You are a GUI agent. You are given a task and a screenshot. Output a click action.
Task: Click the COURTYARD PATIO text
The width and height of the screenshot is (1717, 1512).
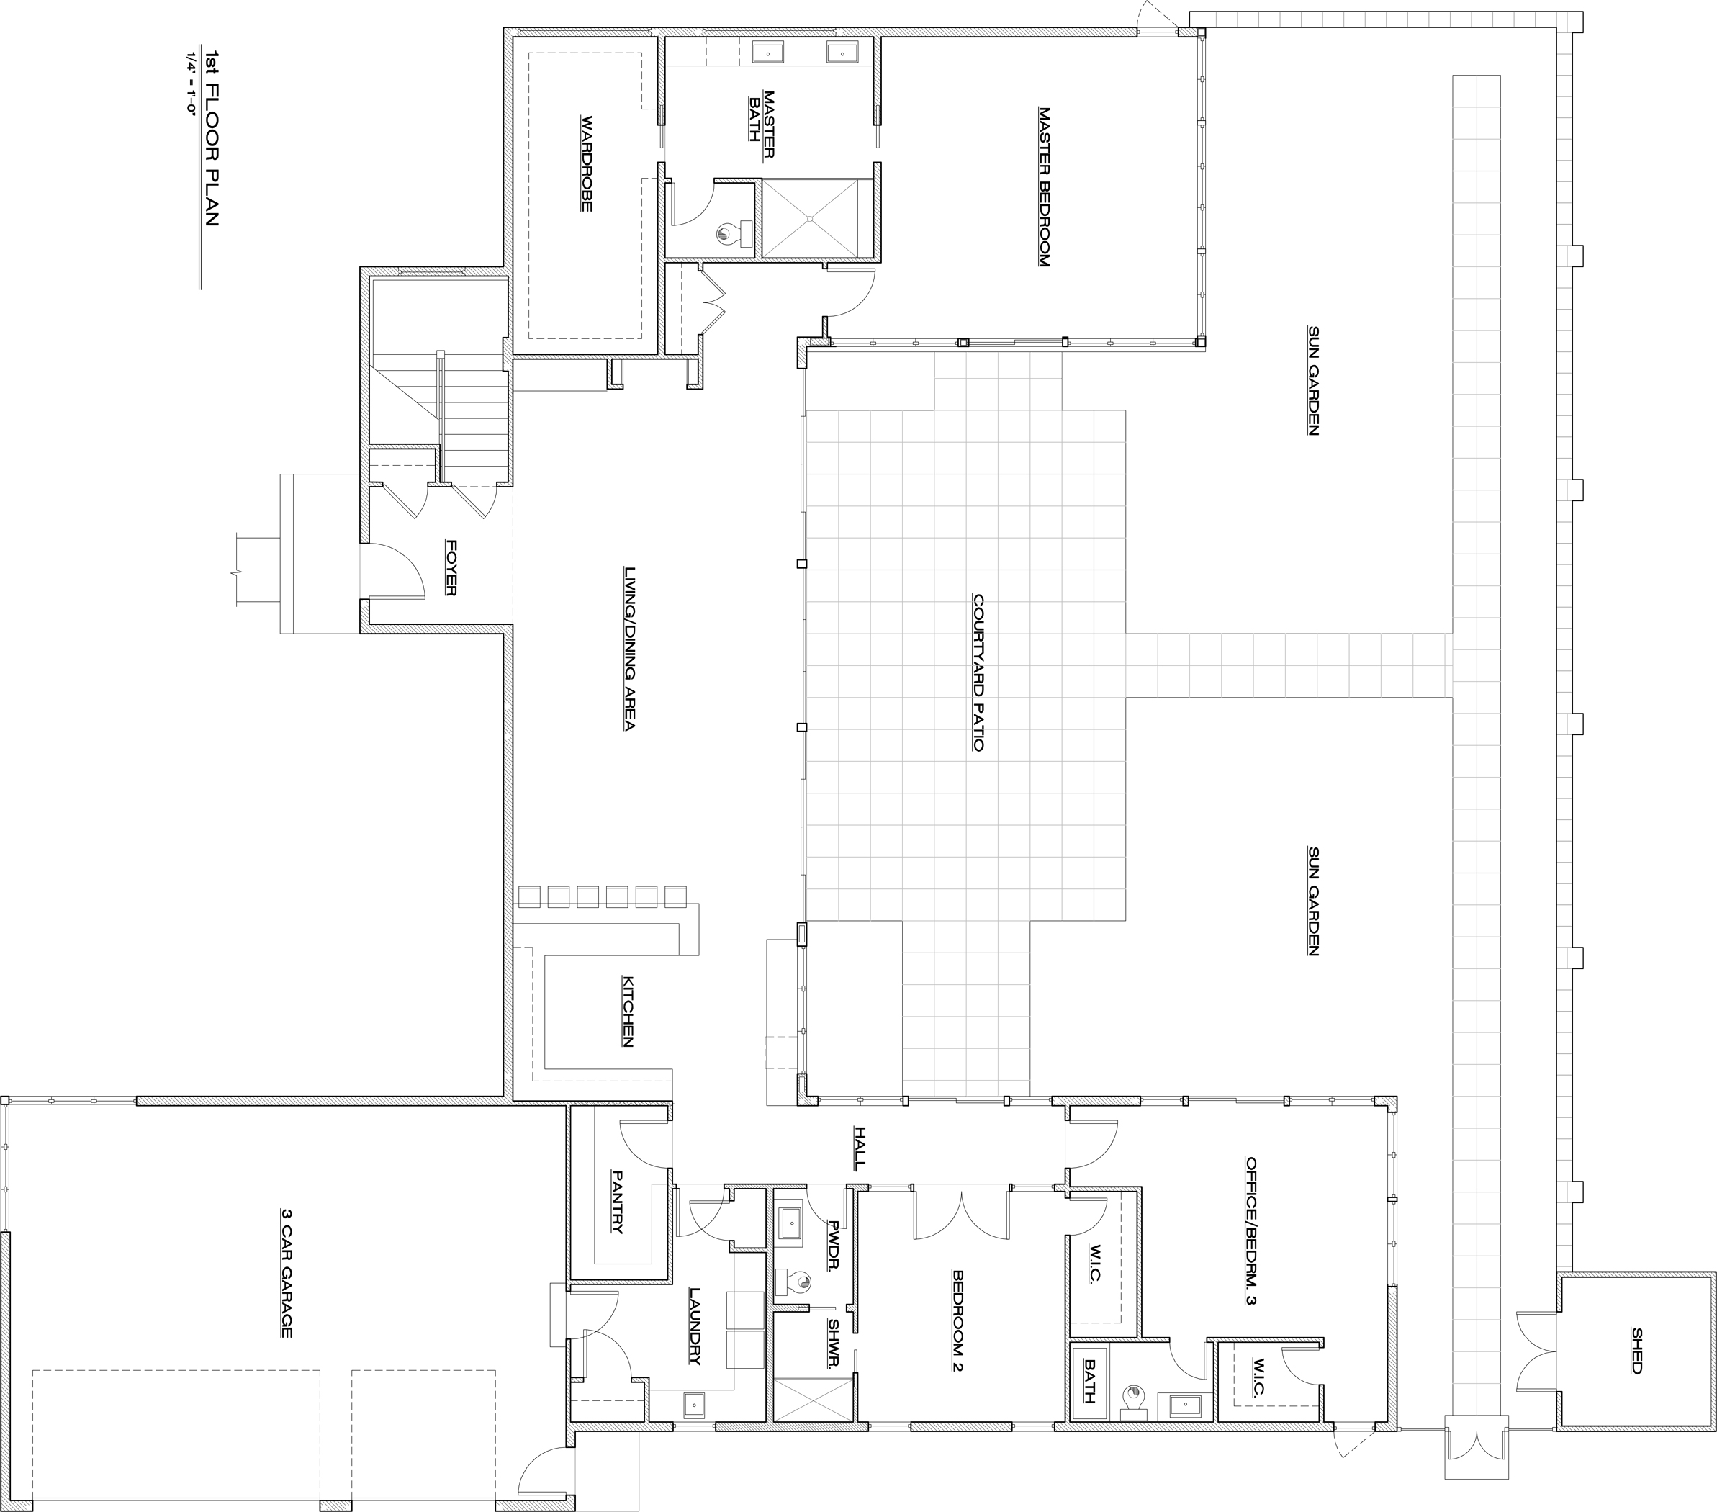[x=978, y=672]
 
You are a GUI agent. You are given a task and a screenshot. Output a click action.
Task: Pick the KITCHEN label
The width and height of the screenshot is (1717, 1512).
[x=628, y=1011]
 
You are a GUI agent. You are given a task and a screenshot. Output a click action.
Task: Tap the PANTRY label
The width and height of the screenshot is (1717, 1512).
[x=618, y=1202]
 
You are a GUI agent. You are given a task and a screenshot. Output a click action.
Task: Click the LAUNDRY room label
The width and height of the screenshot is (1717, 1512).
[x=695, y=1326]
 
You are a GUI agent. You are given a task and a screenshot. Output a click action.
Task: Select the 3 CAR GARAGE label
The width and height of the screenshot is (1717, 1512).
[x=287, y=1273]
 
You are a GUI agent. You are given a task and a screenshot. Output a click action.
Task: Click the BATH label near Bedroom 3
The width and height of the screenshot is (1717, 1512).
[x=1089, y=1381]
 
